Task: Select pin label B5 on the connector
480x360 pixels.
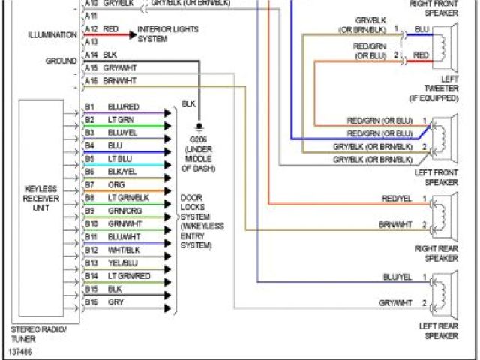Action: (90, 159)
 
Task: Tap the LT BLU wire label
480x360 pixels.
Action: (119, 159)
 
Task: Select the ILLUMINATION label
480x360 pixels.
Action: (52, 35)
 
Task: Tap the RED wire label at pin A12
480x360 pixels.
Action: (110, 28)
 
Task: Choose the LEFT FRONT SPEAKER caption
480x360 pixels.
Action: (438, 176)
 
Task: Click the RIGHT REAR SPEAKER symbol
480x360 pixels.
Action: (446, 214)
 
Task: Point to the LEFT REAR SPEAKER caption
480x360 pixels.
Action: (438, 331)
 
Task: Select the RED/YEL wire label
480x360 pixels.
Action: (397, 199)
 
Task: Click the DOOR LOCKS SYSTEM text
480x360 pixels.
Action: (196, 221)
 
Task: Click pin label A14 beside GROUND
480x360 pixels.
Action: (91, 55)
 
